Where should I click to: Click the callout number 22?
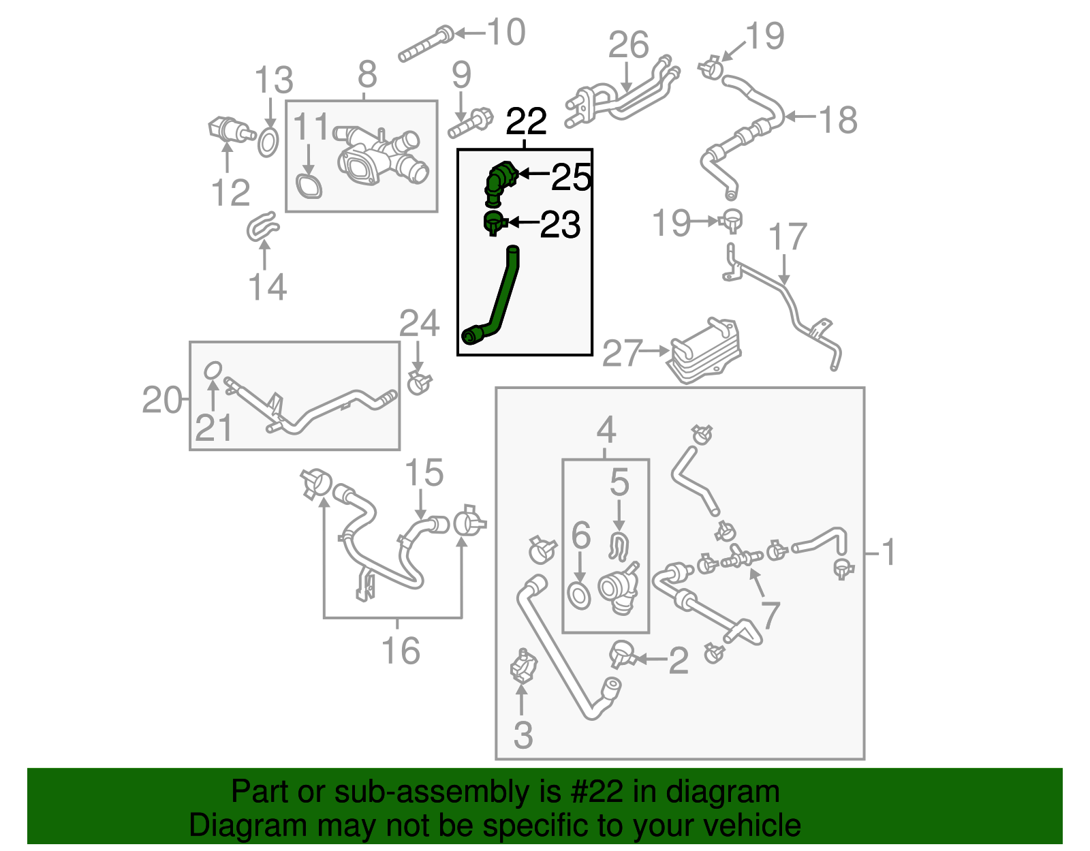[526, 122]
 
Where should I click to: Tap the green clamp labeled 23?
[493, 222]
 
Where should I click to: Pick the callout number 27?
[623, 353]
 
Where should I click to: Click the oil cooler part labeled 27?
[705, 350]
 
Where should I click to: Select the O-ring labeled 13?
[268, 142]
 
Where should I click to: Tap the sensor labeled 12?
[228, 129]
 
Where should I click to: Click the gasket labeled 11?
[309, 186]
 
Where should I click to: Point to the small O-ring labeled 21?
[213, 370]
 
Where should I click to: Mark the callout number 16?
[401, 651]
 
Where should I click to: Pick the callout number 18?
[837, 120]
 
